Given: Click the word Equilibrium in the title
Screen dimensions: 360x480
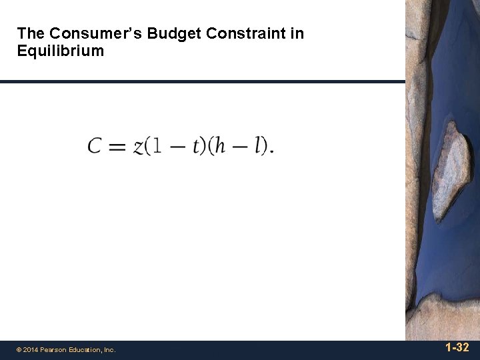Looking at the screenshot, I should [x=61, y=51].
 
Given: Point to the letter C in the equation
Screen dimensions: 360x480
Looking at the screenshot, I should [x=95, y=145].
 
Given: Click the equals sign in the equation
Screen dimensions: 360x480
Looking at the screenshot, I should [x=117, y=146].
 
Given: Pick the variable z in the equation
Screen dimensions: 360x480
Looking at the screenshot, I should [x=139, y=147].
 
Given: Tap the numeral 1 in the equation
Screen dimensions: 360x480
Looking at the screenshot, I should [x=157, y=145].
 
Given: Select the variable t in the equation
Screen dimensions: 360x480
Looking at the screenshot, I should [x=197, y=146].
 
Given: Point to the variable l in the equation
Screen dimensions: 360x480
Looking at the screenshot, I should [x=257, y=145].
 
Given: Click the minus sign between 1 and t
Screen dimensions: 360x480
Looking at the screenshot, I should [x=177, y=146].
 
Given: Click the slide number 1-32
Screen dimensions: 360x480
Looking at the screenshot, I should [x=457, y=347].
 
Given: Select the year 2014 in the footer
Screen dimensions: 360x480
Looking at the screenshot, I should [x=32, y=349].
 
